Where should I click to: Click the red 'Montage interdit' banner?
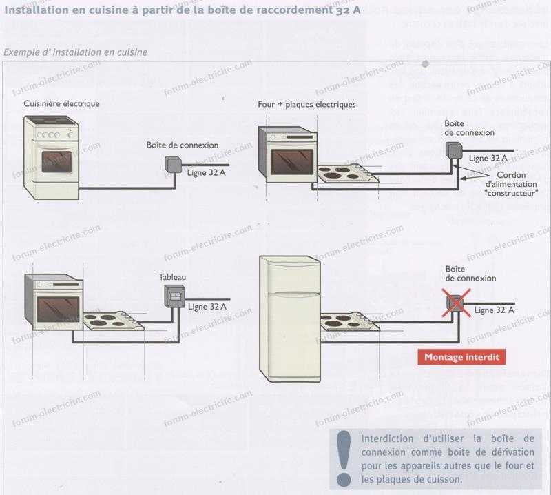(x=461, y=357)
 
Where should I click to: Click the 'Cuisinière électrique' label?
(x=61, y=103)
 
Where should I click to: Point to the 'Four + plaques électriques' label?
(x=306, y=105)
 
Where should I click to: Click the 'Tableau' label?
(x=172, y=277)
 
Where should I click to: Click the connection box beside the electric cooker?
(x=173, y=163)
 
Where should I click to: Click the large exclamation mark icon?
(x=342, y=456)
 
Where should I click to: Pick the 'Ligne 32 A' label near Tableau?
(x=207, y=306)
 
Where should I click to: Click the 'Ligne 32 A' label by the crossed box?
(x=494, y=311)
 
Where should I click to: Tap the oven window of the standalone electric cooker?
(x=56, y=162)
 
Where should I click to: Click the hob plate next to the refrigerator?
(x=351, y=323)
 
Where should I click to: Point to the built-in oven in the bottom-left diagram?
(x=54, y=303)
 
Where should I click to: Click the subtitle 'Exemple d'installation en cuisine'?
(x=75, y=52)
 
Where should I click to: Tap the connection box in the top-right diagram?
(x=454, y=150)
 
